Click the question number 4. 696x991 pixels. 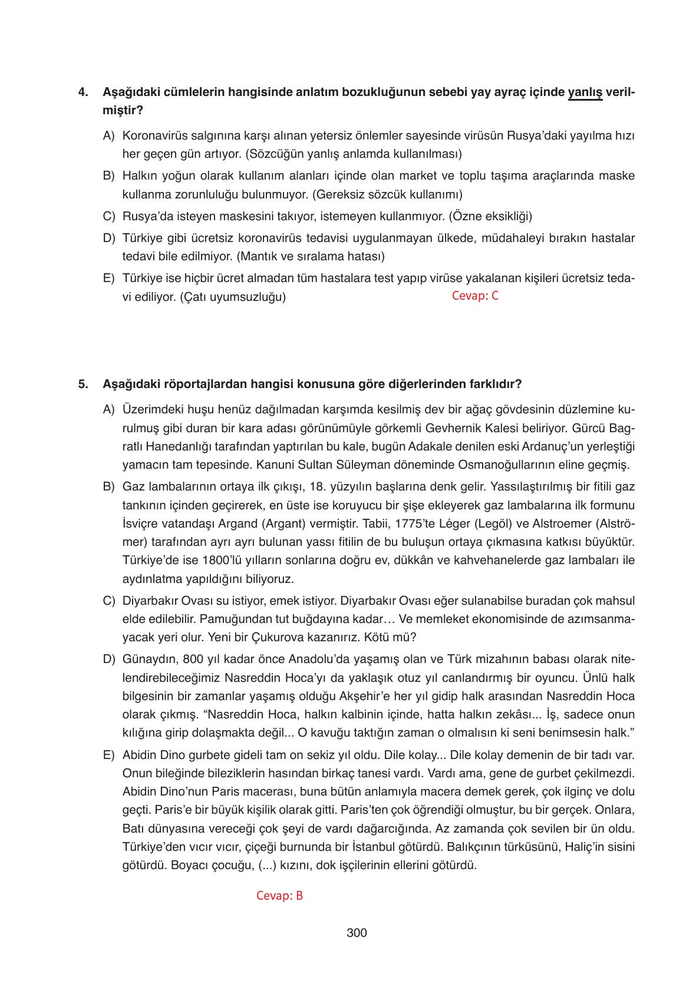(x=83, y=92)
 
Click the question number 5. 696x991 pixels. (x=83, y=384)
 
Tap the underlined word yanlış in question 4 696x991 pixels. (x=585, y=92)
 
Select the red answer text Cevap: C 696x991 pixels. (x=475, y=296)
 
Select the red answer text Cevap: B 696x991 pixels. (x=279, y=896)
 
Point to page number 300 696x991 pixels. (x=357, y=933)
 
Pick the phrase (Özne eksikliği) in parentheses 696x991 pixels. (x=490, y=216)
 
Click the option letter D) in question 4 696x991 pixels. (x=108, y=238)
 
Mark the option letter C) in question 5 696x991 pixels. (x=108, y=601)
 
